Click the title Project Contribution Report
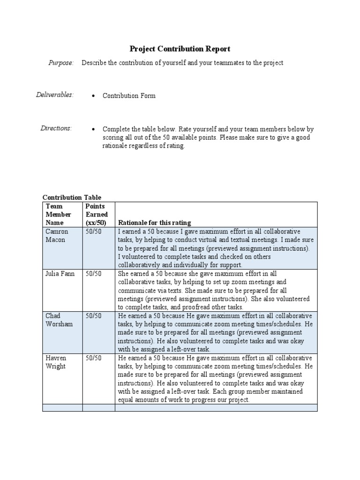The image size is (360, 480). [180, 49]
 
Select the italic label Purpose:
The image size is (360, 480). [61, 63]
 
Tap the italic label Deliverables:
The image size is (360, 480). [55, 95]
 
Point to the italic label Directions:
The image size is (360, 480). [56, 128]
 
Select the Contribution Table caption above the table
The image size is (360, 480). [72, 197]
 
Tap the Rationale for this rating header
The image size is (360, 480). [154, 223]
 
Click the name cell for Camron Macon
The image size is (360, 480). [56, 236]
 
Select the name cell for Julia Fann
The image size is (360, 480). [60, 274]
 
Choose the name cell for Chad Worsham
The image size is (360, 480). [59, 320]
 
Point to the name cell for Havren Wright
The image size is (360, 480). [57, 362]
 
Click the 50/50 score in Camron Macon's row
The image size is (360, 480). [93, 232]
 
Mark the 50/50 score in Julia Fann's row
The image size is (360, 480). [93, 274]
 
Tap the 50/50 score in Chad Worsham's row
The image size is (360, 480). [93, 316]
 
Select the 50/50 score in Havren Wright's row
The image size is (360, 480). [93, 358]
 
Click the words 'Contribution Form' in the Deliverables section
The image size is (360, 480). [129, 96]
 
